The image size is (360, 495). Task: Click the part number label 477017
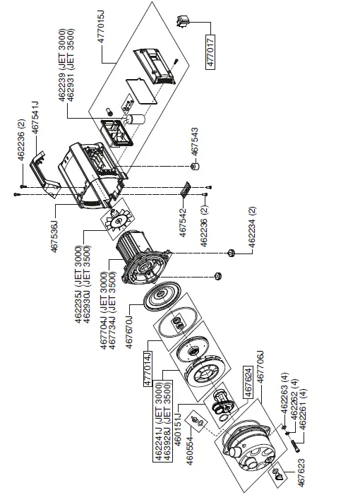coord(210,50)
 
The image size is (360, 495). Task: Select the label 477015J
coord(100,28)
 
